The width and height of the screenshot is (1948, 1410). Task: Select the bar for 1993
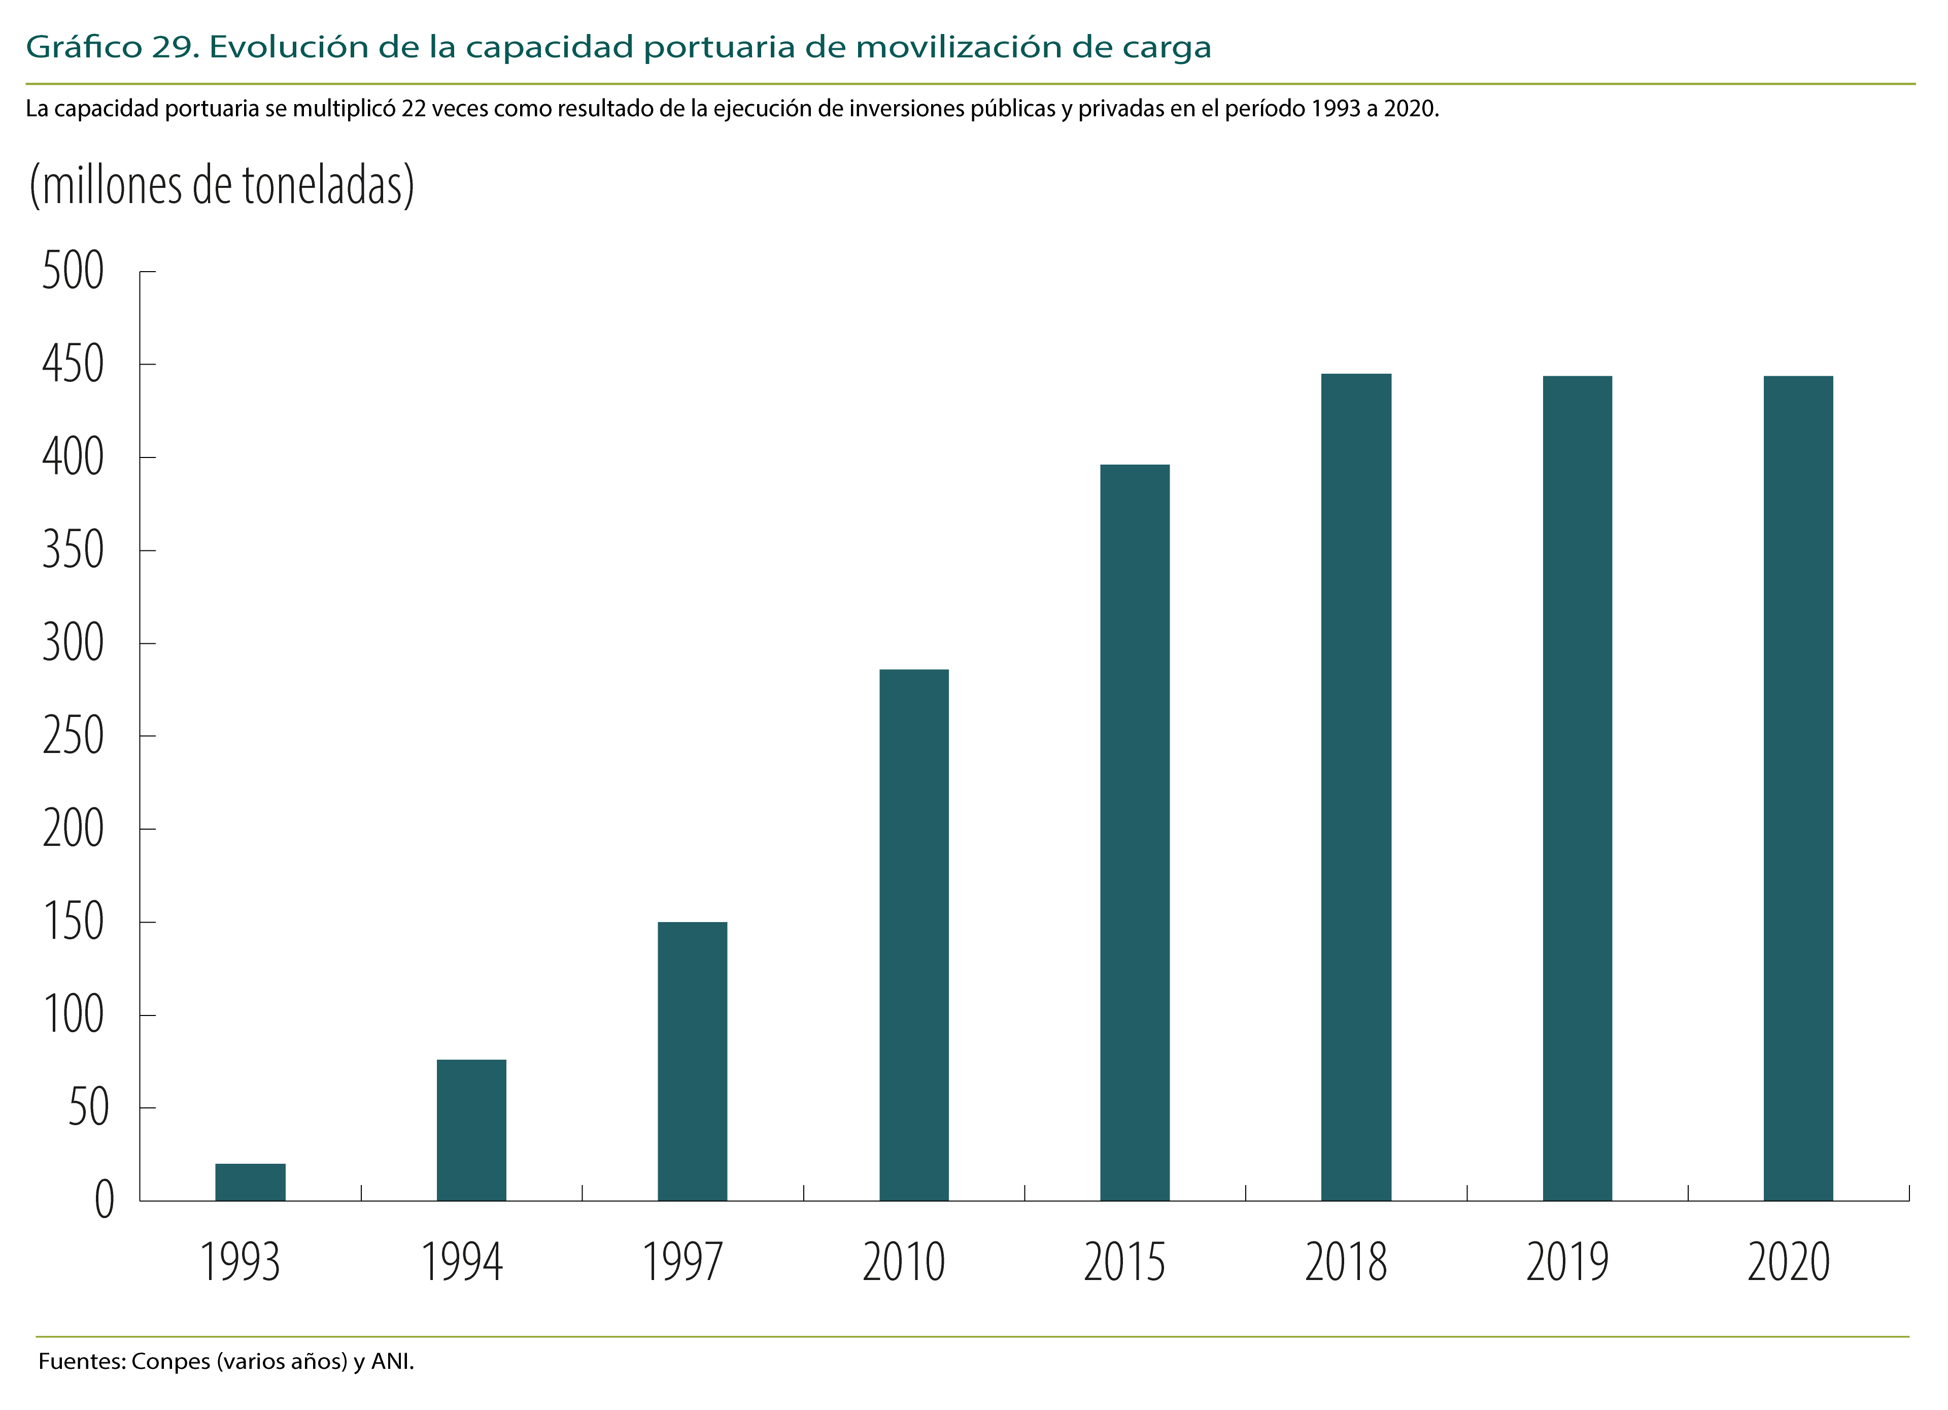[x=250, y=1183]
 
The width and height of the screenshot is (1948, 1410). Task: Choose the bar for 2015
[x=1135, y=833]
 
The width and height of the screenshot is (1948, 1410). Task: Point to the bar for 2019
[x=1577, y=788]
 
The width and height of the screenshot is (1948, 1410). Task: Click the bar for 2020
[x=1798, y=788]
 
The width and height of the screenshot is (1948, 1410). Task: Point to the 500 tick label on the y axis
[x=73, y=272]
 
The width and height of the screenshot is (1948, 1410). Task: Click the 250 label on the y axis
[x=73, y=736]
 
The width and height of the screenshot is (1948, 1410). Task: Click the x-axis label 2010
[x=904, y=1262]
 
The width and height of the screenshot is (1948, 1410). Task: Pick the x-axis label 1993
[x=241, y=1262]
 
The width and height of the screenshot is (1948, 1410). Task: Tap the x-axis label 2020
[x=1789, y=1262]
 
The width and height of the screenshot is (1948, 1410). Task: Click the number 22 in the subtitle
[x=413, y=109]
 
